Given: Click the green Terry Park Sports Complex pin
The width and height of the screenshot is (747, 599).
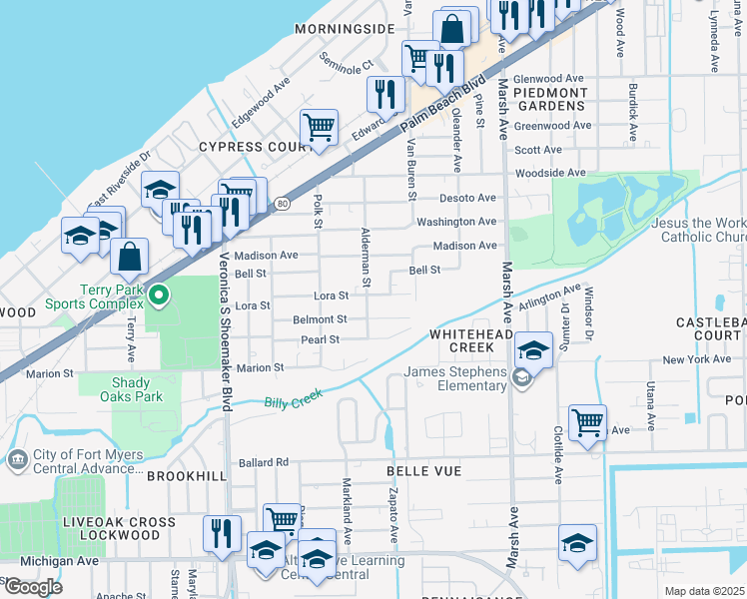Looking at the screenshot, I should click(x=157, y=295).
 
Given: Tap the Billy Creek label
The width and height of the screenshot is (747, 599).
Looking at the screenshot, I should click(x=295, y=402).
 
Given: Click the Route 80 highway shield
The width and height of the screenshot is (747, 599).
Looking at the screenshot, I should click(x=284, y=204).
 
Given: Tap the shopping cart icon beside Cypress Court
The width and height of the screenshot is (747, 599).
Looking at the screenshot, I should click(x=319, y=128).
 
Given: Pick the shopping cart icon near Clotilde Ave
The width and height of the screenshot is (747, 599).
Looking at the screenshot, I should click(x=587, y=422).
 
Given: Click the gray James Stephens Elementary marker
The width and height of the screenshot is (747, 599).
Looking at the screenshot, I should click(x=520, y=376).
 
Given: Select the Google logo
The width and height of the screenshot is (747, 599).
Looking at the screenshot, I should click(x=33, y=586).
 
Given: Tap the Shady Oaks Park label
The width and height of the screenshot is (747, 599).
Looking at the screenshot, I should click(x=137, y=389).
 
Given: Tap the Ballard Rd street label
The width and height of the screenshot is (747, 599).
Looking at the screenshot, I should click(x=263, y=462).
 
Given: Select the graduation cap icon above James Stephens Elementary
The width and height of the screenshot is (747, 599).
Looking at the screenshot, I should click(x=534, y=349).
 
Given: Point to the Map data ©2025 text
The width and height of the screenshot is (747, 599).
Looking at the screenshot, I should click(x=704, y=591).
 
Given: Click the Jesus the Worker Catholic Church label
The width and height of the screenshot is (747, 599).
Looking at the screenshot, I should click(x=698, y=231).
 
